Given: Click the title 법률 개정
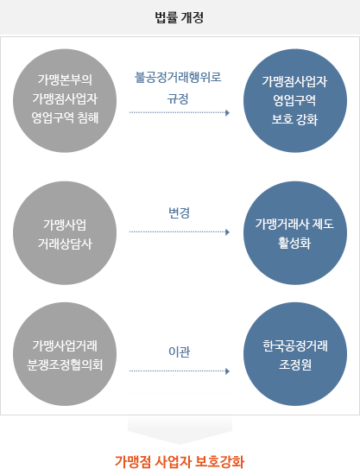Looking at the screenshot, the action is [x=180, y=17].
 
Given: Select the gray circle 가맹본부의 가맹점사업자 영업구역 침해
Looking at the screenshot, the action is [x=65, y=101].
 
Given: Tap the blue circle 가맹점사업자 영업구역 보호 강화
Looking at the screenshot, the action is [x=295, y=101].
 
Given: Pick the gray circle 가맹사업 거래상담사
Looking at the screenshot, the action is [x=65, y=233].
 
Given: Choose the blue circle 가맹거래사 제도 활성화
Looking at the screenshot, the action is [x=295, y=233].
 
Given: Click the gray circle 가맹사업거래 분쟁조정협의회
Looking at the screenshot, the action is [x=65, y=354].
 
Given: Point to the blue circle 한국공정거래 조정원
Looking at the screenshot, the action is [x=295, y=354].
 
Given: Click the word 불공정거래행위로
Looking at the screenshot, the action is [x=178, y=77].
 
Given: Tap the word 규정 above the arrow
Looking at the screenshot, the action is [x=178, y=98].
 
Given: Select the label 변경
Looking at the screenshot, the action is [x=179, y=212].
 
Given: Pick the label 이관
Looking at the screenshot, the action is [x=179, y=352].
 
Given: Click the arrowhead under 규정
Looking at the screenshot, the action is [x=227, y=113].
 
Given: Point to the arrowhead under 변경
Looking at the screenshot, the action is [x=227, y=232].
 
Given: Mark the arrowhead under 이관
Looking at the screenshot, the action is [x=227, y=371].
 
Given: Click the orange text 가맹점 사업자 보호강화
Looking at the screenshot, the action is [x=180, y=461].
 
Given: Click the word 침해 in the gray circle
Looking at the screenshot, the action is [x=87, y=117].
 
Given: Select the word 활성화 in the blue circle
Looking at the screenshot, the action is [x=294, y=243].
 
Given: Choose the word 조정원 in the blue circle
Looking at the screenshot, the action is [x=295, y=364].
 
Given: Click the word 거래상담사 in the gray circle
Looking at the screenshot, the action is [x=65, y=244].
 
